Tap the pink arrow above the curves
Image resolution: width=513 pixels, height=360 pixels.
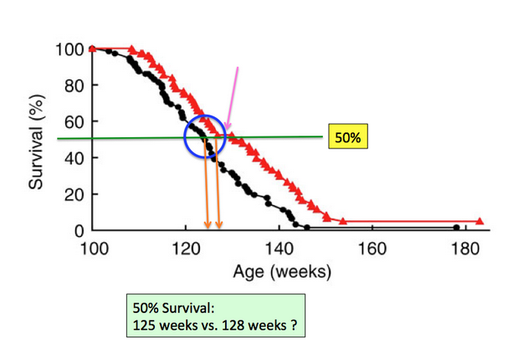coord(233,98)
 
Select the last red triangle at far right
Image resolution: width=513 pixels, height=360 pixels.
coord(480,221)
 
